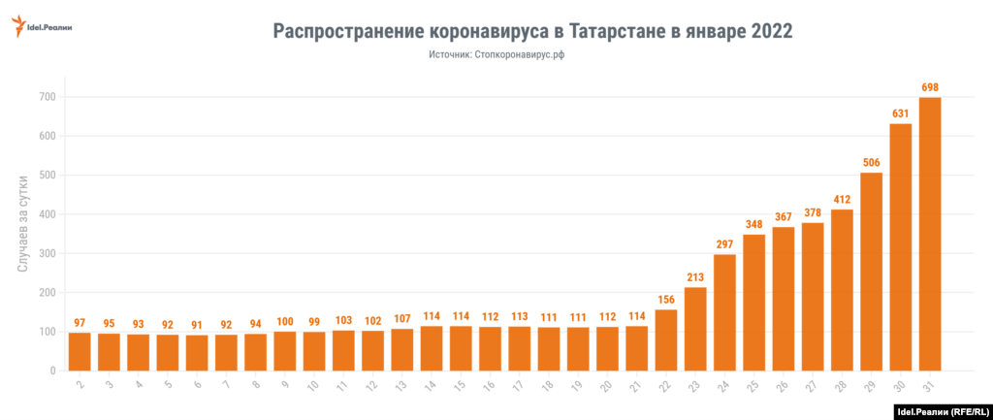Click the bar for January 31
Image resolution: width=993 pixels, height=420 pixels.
pyautogui.click(x=929, y=234)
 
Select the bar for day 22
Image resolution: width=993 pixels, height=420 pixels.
pyautogui.click(x=665, y=339)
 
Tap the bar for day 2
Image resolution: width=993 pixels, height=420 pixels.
pyautogui.click(x=80, y=351)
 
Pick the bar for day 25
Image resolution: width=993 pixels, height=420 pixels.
pyautogui.click(x=753, y=302)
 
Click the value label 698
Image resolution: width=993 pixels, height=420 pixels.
pyautogui.click(x=929, y=87)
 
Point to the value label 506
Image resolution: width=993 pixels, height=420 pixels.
pyautogui.click(x=871, y=162)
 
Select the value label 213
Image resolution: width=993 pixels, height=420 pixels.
pyautogui.click(x=694, y=277)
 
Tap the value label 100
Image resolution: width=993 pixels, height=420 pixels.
pyautogui.click(x=284, y=321)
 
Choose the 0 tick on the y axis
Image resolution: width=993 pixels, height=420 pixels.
pyautogui.click(x=53, y=371)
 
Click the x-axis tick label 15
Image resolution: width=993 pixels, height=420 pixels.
pyautogui.click(x=460, y=386)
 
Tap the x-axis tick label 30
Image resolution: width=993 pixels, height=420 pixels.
pyautogui.click(x=899, y=386)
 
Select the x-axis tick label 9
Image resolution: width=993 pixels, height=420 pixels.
pyautogui.click(x=284, y=386)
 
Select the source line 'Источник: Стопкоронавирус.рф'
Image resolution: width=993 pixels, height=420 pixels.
pyautogui.click(x=496, y=56)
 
